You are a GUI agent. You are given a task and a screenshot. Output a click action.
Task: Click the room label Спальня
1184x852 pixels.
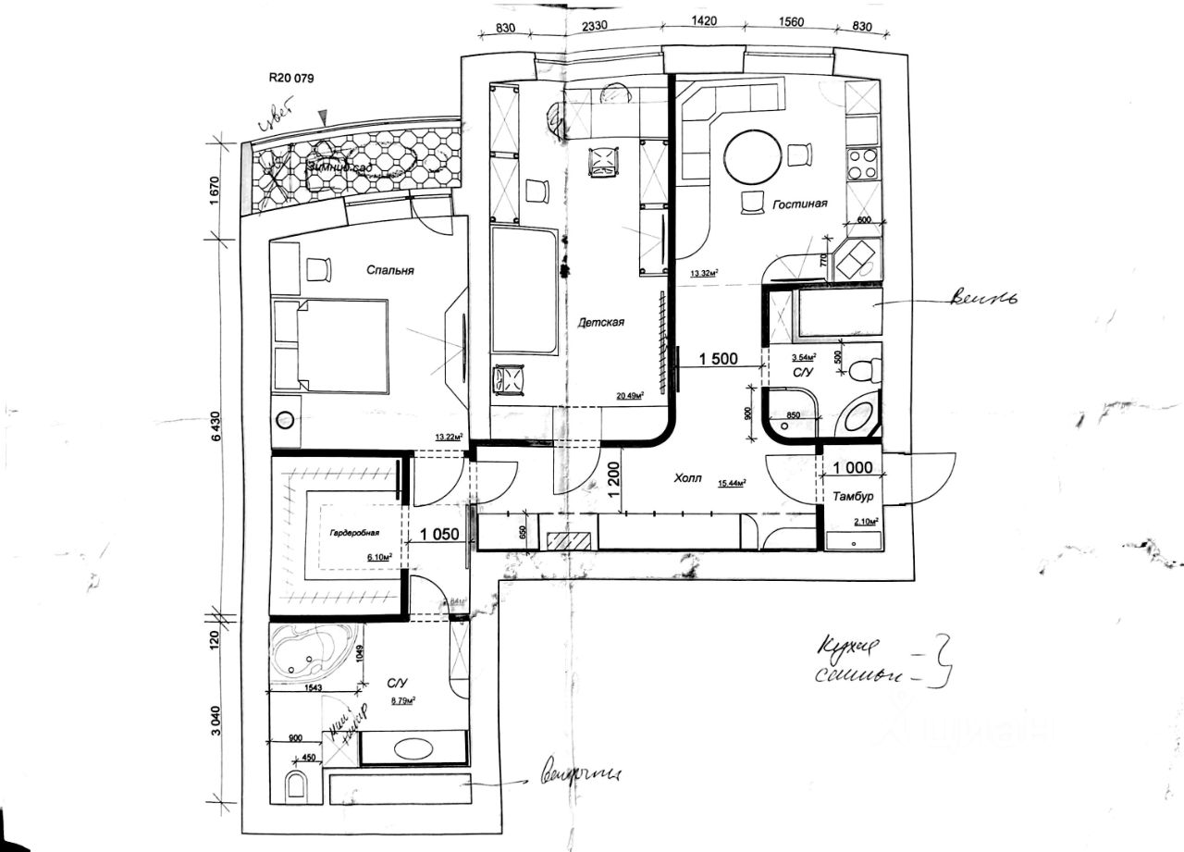[389, 271]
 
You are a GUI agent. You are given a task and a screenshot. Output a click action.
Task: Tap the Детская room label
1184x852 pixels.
[601, 323]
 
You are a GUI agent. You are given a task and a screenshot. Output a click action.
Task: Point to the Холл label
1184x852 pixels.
[687, 479]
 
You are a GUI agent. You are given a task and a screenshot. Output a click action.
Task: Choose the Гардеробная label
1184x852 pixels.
[353, 534]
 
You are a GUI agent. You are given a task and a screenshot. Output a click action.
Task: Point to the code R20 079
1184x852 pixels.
[291, 79]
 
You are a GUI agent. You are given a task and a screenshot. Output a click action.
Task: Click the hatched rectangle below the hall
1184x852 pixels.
[567, 541]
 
